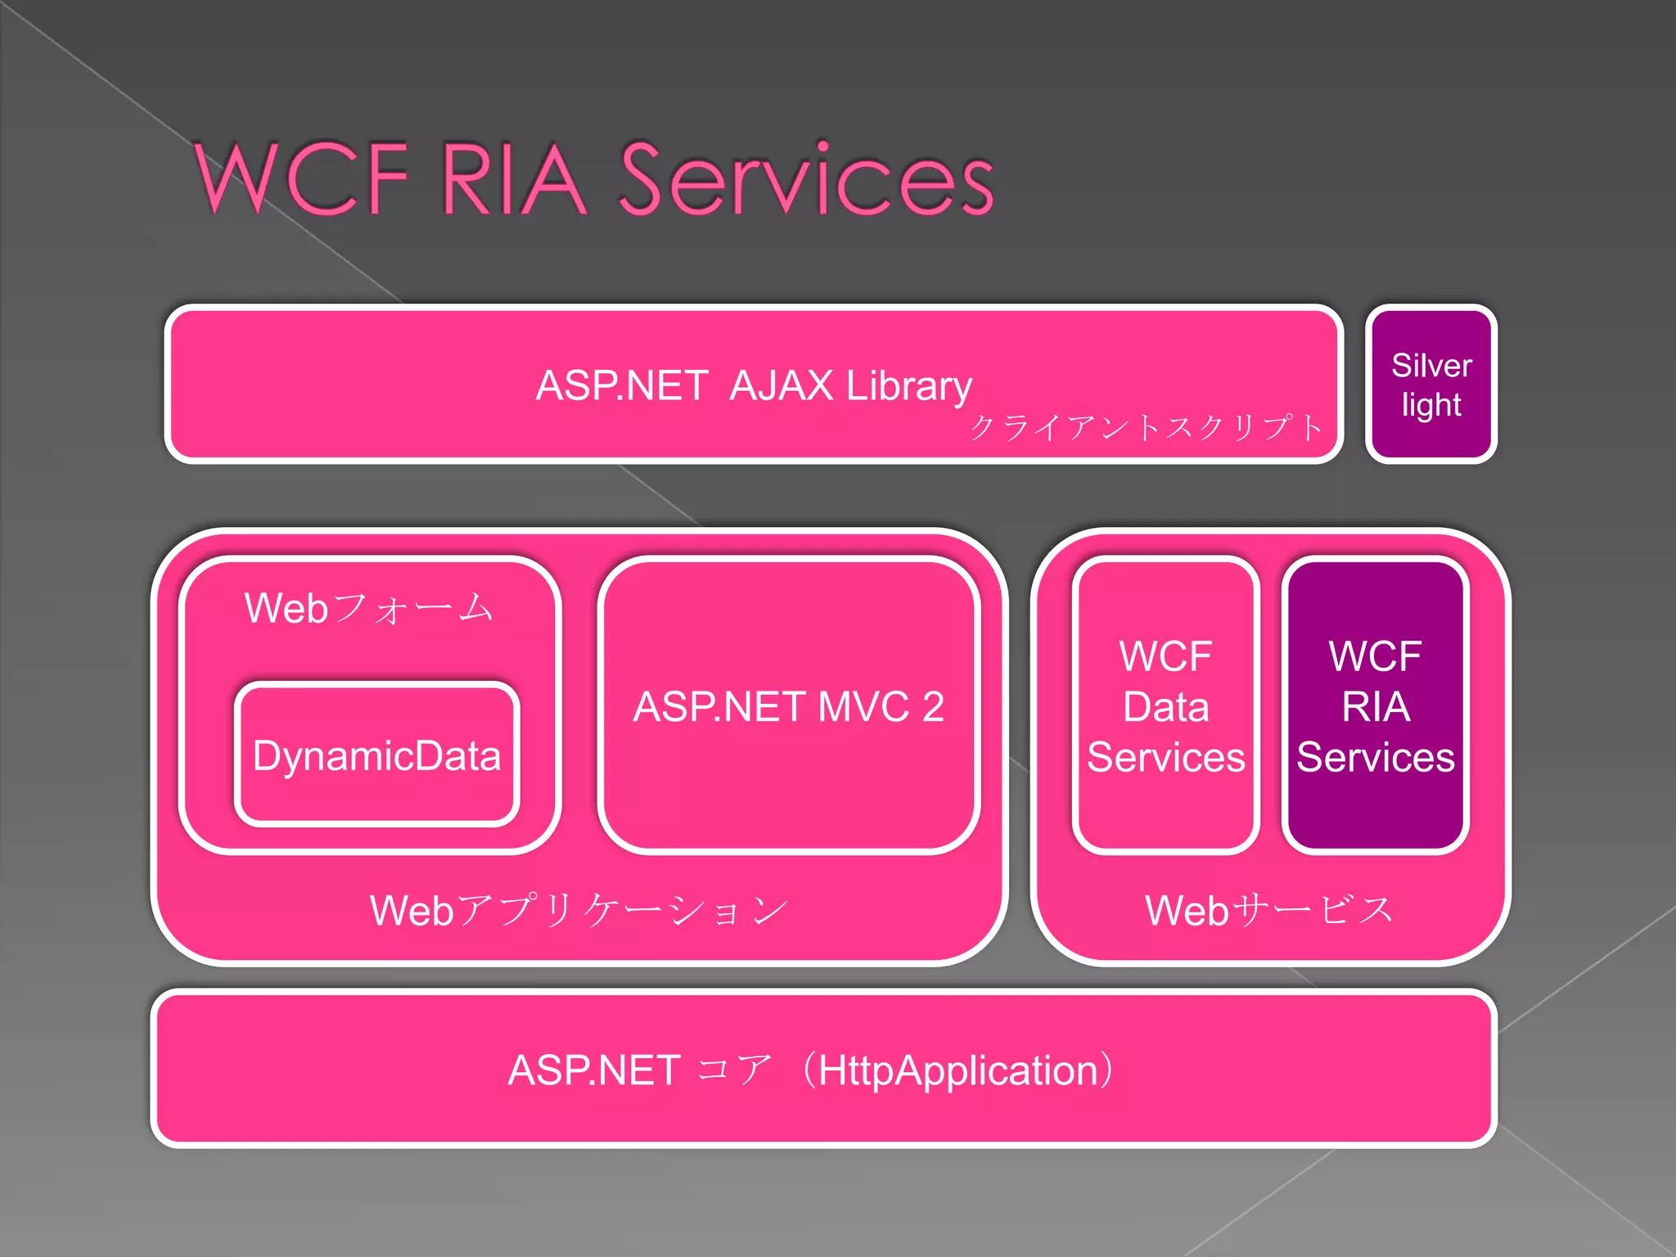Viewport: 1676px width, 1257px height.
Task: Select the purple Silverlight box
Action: (1430, 385)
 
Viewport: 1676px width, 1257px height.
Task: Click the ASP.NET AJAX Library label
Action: (753, 385)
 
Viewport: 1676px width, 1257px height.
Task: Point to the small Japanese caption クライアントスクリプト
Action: (1146, 427)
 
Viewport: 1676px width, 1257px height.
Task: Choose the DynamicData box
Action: (376, 755)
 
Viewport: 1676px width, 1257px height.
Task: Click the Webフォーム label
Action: (369, 609)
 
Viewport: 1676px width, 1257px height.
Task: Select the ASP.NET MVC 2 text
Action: (788, 707)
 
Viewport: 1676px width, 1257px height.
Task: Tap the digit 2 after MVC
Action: (933, 707)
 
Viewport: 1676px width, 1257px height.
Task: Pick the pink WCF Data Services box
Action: (1165, 706)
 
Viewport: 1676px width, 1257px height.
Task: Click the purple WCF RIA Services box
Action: (1376, 706)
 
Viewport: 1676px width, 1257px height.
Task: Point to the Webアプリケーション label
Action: (579, 911)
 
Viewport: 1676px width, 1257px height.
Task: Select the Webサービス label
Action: (1269, 911)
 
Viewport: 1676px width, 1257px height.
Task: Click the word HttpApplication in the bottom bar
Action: (957, 1070)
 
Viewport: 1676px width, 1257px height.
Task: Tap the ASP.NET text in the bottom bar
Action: (594, 1070)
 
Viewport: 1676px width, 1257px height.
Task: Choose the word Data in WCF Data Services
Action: (1165, 707)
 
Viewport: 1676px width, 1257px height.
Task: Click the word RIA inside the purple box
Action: (1376, 707)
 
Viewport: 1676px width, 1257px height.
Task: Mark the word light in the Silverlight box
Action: (1430, 405)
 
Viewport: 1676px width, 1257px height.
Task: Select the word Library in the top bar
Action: (908, 385)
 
